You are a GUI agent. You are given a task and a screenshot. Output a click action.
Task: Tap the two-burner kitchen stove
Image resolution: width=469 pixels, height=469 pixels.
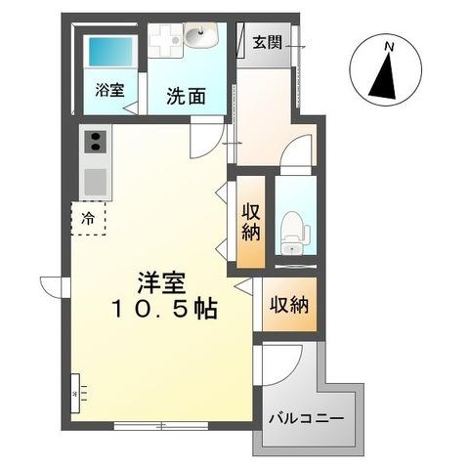pos(97,144)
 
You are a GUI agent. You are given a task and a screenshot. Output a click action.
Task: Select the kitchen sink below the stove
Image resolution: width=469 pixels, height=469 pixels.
pos(97,181)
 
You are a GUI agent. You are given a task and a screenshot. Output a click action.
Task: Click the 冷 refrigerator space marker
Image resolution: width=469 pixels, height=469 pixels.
pos(89,218)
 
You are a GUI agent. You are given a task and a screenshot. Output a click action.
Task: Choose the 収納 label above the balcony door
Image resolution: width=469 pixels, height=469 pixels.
pos(289,305)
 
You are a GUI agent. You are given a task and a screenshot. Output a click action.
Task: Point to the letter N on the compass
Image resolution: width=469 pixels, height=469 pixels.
pos(388,47)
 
